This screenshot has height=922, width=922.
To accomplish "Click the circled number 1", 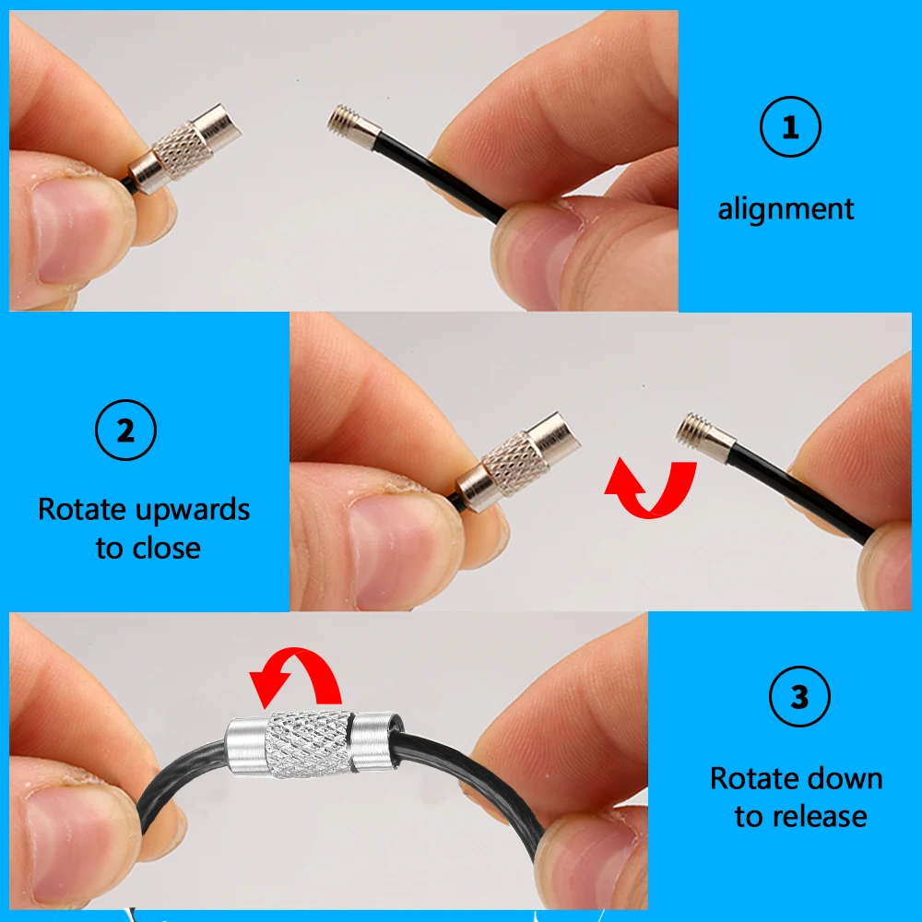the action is tap(790, 126).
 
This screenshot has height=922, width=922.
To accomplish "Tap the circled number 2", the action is tap(125, 430).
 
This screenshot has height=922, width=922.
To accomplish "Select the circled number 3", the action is tap(799, 696).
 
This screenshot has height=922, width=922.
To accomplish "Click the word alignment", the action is tap(786, 209).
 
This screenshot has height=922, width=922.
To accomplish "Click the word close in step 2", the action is tap(166, 548).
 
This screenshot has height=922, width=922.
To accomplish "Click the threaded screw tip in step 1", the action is tap(340, 120).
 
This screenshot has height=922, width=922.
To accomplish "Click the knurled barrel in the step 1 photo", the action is tap(183, 150).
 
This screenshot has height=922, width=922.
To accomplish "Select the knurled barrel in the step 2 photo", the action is tap(514, 464).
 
